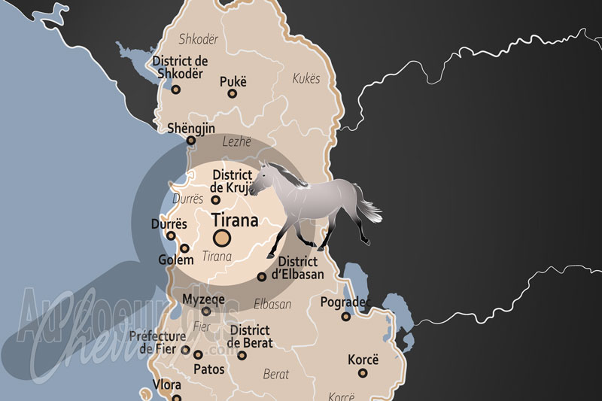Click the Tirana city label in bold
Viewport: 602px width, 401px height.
tap(236, 221)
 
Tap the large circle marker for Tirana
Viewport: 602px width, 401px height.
tap(222, 238)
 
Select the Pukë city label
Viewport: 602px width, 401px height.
tap(233, 81)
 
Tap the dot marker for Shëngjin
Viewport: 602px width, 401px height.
tap(191, 140)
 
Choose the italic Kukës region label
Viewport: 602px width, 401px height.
tap(306, 78)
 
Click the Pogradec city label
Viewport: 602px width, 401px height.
tap(345, 302)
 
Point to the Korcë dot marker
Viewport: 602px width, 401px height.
tap(363, 372)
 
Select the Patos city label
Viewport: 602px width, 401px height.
tap(209, 369)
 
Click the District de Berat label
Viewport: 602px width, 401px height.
tap(251, 336)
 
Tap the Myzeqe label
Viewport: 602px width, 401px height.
tap(204, 299)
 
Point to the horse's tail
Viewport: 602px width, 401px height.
tap(369, 211)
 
